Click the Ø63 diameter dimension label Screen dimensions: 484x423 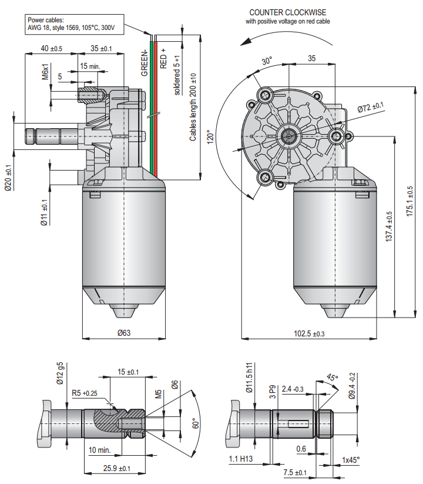pos(123,333)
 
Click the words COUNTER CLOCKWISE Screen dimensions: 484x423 pos(288,12)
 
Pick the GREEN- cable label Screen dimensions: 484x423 pos(144,62)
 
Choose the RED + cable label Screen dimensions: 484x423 pos(163,59)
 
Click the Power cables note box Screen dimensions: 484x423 pos(74,24)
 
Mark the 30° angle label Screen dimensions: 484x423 pos(267,61)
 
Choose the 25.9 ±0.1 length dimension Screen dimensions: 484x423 pos(117,468)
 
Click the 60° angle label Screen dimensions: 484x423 pos(196,423)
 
